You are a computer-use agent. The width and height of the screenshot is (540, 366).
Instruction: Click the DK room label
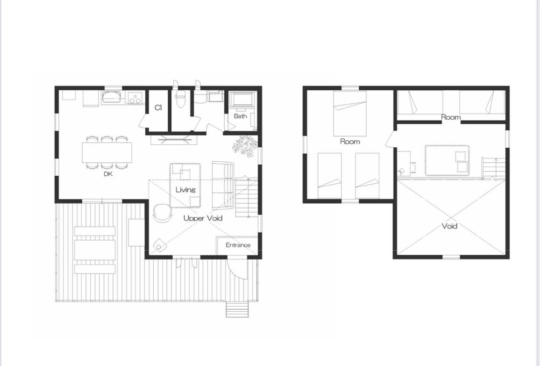click(108, 174)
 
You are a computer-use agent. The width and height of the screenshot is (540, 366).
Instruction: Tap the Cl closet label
click(158, 108)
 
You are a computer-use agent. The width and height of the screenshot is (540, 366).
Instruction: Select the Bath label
click(241, 116)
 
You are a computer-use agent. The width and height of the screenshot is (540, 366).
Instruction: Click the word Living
click(185, 190)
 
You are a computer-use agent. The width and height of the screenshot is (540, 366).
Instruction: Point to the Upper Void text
click(203, 218)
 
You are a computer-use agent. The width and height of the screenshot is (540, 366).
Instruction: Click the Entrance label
click(238, 245)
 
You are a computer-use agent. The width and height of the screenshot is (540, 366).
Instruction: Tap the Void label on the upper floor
click(449, 226)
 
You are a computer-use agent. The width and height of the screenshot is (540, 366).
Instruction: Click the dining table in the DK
click(107, 152)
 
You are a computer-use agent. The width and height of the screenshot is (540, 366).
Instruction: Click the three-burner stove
click(135, 98)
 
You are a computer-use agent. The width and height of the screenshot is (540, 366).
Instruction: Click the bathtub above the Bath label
click(243, 100)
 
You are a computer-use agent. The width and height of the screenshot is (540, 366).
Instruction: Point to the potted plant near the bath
click(245, 146)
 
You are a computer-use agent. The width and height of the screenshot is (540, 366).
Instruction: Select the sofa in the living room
click(223, 185)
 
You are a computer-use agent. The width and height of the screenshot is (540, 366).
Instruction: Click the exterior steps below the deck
click(237, 309)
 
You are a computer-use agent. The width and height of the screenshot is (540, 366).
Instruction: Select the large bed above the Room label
click(350, 114)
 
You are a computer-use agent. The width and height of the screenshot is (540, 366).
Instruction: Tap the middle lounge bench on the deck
click(95, 250)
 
